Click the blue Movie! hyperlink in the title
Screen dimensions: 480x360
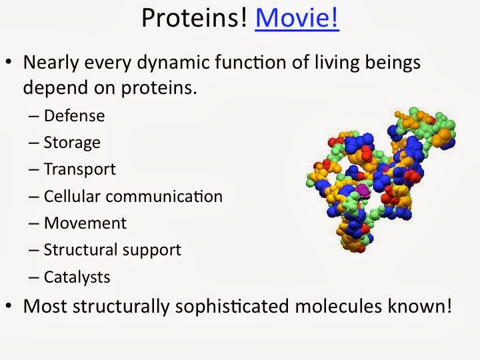(297, 18)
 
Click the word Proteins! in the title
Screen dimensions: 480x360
(194, 18)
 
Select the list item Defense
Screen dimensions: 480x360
(75, 116)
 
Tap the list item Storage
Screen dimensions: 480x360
(72, 143)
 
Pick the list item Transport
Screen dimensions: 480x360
(80, 169)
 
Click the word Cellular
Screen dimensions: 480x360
(72, 196)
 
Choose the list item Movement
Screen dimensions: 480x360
(85, 223)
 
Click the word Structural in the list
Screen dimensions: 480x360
(81, 249)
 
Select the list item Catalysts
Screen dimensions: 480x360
(77, 277)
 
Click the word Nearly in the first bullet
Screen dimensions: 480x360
(51, 63)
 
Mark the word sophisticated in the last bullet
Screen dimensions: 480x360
(232, 307)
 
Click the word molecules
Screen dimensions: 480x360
(338, 306)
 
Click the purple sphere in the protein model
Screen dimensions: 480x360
(363, 191)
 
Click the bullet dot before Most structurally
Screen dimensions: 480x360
(9, 305)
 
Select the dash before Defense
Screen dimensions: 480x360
(33, 117)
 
